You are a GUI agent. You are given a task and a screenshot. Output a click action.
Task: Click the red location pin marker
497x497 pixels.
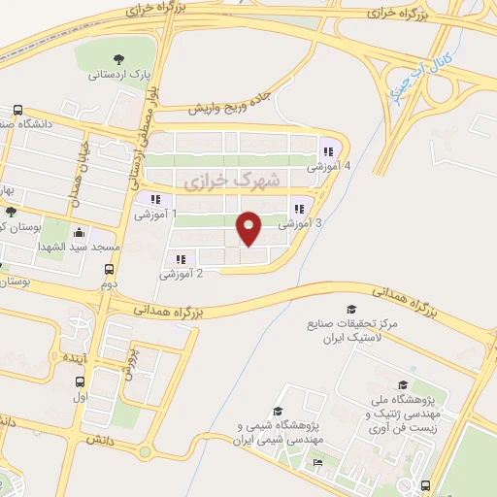(x=249, y=228)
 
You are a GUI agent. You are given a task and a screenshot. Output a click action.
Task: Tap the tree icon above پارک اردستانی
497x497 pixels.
(x=119, y=58)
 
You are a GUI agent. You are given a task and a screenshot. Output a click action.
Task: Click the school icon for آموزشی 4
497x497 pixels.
(x=327, y=151)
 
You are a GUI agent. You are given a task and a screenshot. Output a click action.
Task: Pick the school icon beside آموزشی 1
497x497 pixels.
(x=155, y=199)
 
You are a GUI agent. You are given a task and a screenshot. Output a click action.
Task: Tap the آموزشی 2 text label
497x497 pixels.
(x=182, y=274)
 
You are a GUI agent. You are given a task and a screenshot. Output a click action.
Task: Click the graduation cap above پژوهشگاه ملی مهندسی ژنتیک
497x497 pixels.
(x=402, y=384)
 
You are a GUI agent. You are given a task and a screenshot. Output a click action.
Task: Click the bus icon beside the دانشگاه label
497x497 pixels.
(x=17, y=111)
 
